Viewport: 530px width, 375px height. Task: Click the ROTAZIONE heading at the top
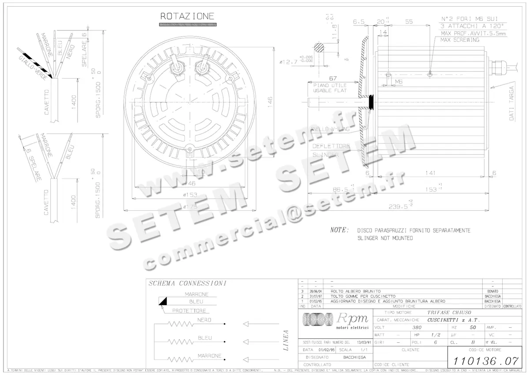pos(187,16)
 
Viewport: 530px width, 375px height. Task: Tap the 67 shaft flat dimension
pos(333,78)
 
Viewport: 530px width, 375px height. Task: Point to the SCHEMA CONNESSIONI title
pos(187,283)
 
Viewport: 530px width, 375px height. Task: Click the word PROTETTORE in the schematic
pos(189,311)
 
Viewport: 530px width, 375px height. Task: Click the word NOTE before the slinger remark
pos(339,230)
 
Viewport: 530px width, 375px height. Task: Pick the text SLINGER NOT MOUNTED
pos(385,238)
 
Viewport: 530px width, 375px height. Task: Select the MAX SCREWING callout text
pos(459,40)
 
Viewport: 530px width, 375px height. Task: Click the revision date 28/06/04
pos(316,292)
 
